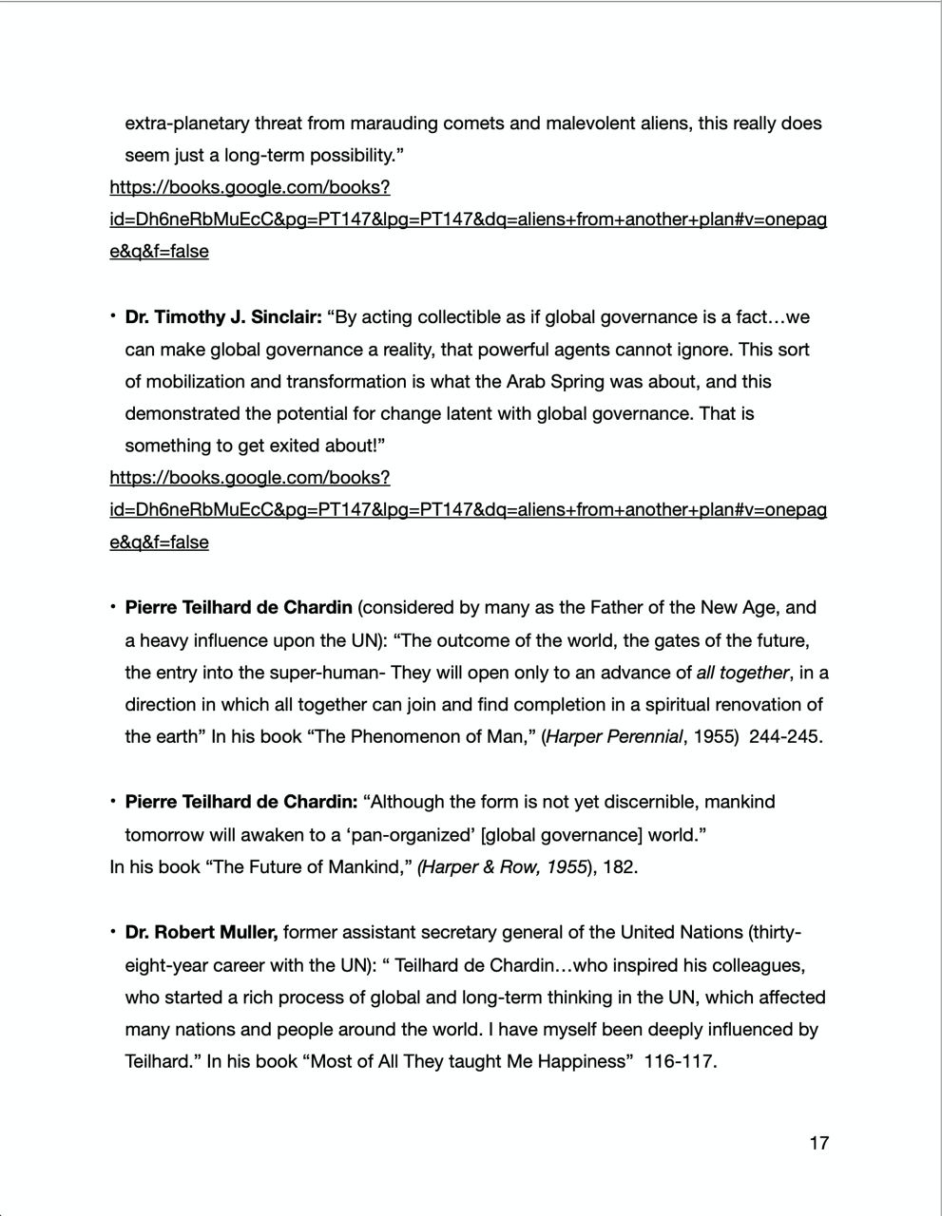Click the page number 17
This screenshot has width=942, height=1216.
[x=818, y=1143]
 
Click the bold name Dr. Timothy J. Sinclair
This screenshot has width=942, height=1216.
[x=223, y=317]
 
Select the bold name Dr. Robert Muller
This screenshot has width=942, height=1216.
[x=201, y=933]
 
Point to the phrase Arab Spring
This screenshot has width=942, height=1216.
[x=557, y=382]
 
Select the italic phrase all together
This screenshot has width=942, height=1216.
[x=741, y=673]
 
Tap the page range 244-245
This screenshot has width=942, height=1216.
[x=784, y=737]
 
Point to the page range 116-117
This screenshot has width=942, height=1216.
[x=680, y=1062]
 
